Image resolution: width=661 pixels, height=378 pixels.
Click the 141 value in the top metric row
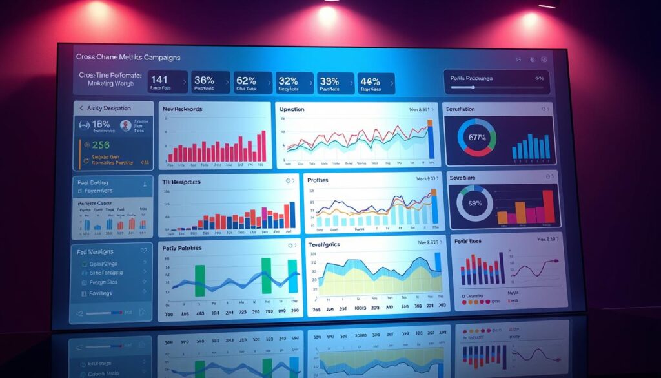tap(159, 80)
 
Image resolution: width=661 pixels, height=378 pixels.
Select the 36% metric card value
tap(205, 81)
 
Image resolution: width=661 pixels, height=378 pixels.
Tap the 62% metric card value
tap(246, 81)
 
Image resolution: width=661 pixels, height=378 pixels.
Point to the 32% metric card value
tap(288, 81)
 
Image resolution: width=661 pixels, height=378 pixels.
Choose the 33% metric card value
tap(329, 81)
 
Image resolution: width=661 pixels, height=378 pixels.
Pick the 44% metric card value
tap(370, 81)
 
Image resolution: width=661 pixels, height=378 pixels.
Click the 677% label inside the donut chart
tap(476, 138)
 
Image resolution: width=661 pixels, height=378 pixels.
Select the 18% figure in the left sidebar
tap(101, 124)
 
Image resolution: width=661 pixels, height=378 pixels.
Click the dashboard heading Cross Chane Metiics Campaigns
tap(128, 57)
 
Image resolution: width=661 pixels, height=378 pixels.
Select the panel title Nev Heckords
tap(183, 109)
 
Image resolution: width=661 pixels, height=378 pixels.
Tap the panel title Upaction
tap(292, 109)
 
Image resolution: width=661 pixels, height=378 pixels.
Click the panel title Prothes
tap(318, 180)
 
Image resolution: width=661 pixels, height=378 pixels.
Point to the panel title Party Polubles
tap(183, 247)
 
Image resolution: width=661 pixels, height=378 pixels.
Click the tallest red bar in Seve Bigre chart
tap(548, 206)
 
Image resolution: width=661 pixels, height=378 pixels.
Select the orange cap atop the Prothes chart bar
tap(432, 192)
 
